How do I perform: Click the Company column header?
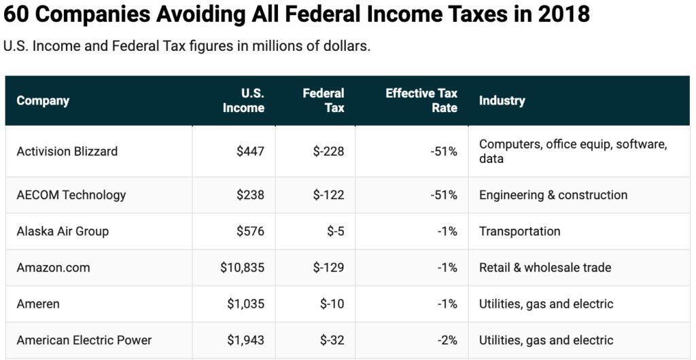[x=43, y=101]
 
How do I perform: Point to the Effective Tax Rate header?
[x=421, y=101]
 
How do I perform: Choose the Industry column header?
[x=502, y=101]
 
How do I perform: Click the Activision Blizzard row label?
[x=67, y=151]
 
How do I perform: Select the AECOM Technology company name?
[x=71, y=195]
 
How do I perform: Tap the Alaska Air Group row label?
[x=63, y=232]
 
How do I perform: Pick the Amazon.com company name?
[x=53, y=268]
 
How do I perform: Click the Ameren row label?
[x=38, y=304]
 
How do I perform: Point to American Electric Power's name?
[x=84, y=340]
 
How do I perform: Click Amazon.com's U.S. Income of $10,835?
[x=242, y=268]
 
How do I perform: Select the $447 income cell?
[x=250, y=151]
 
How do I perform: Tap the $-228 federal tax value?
[x=328, y=151]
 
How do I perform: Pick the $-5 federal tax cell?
[x=335, y=232]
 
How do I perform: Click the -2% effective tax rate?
[x=447, y=340]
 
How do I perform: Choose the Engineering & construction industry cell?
[x=553, y=195]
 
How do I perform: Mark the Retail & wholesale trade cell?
[x=545, y=268]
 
